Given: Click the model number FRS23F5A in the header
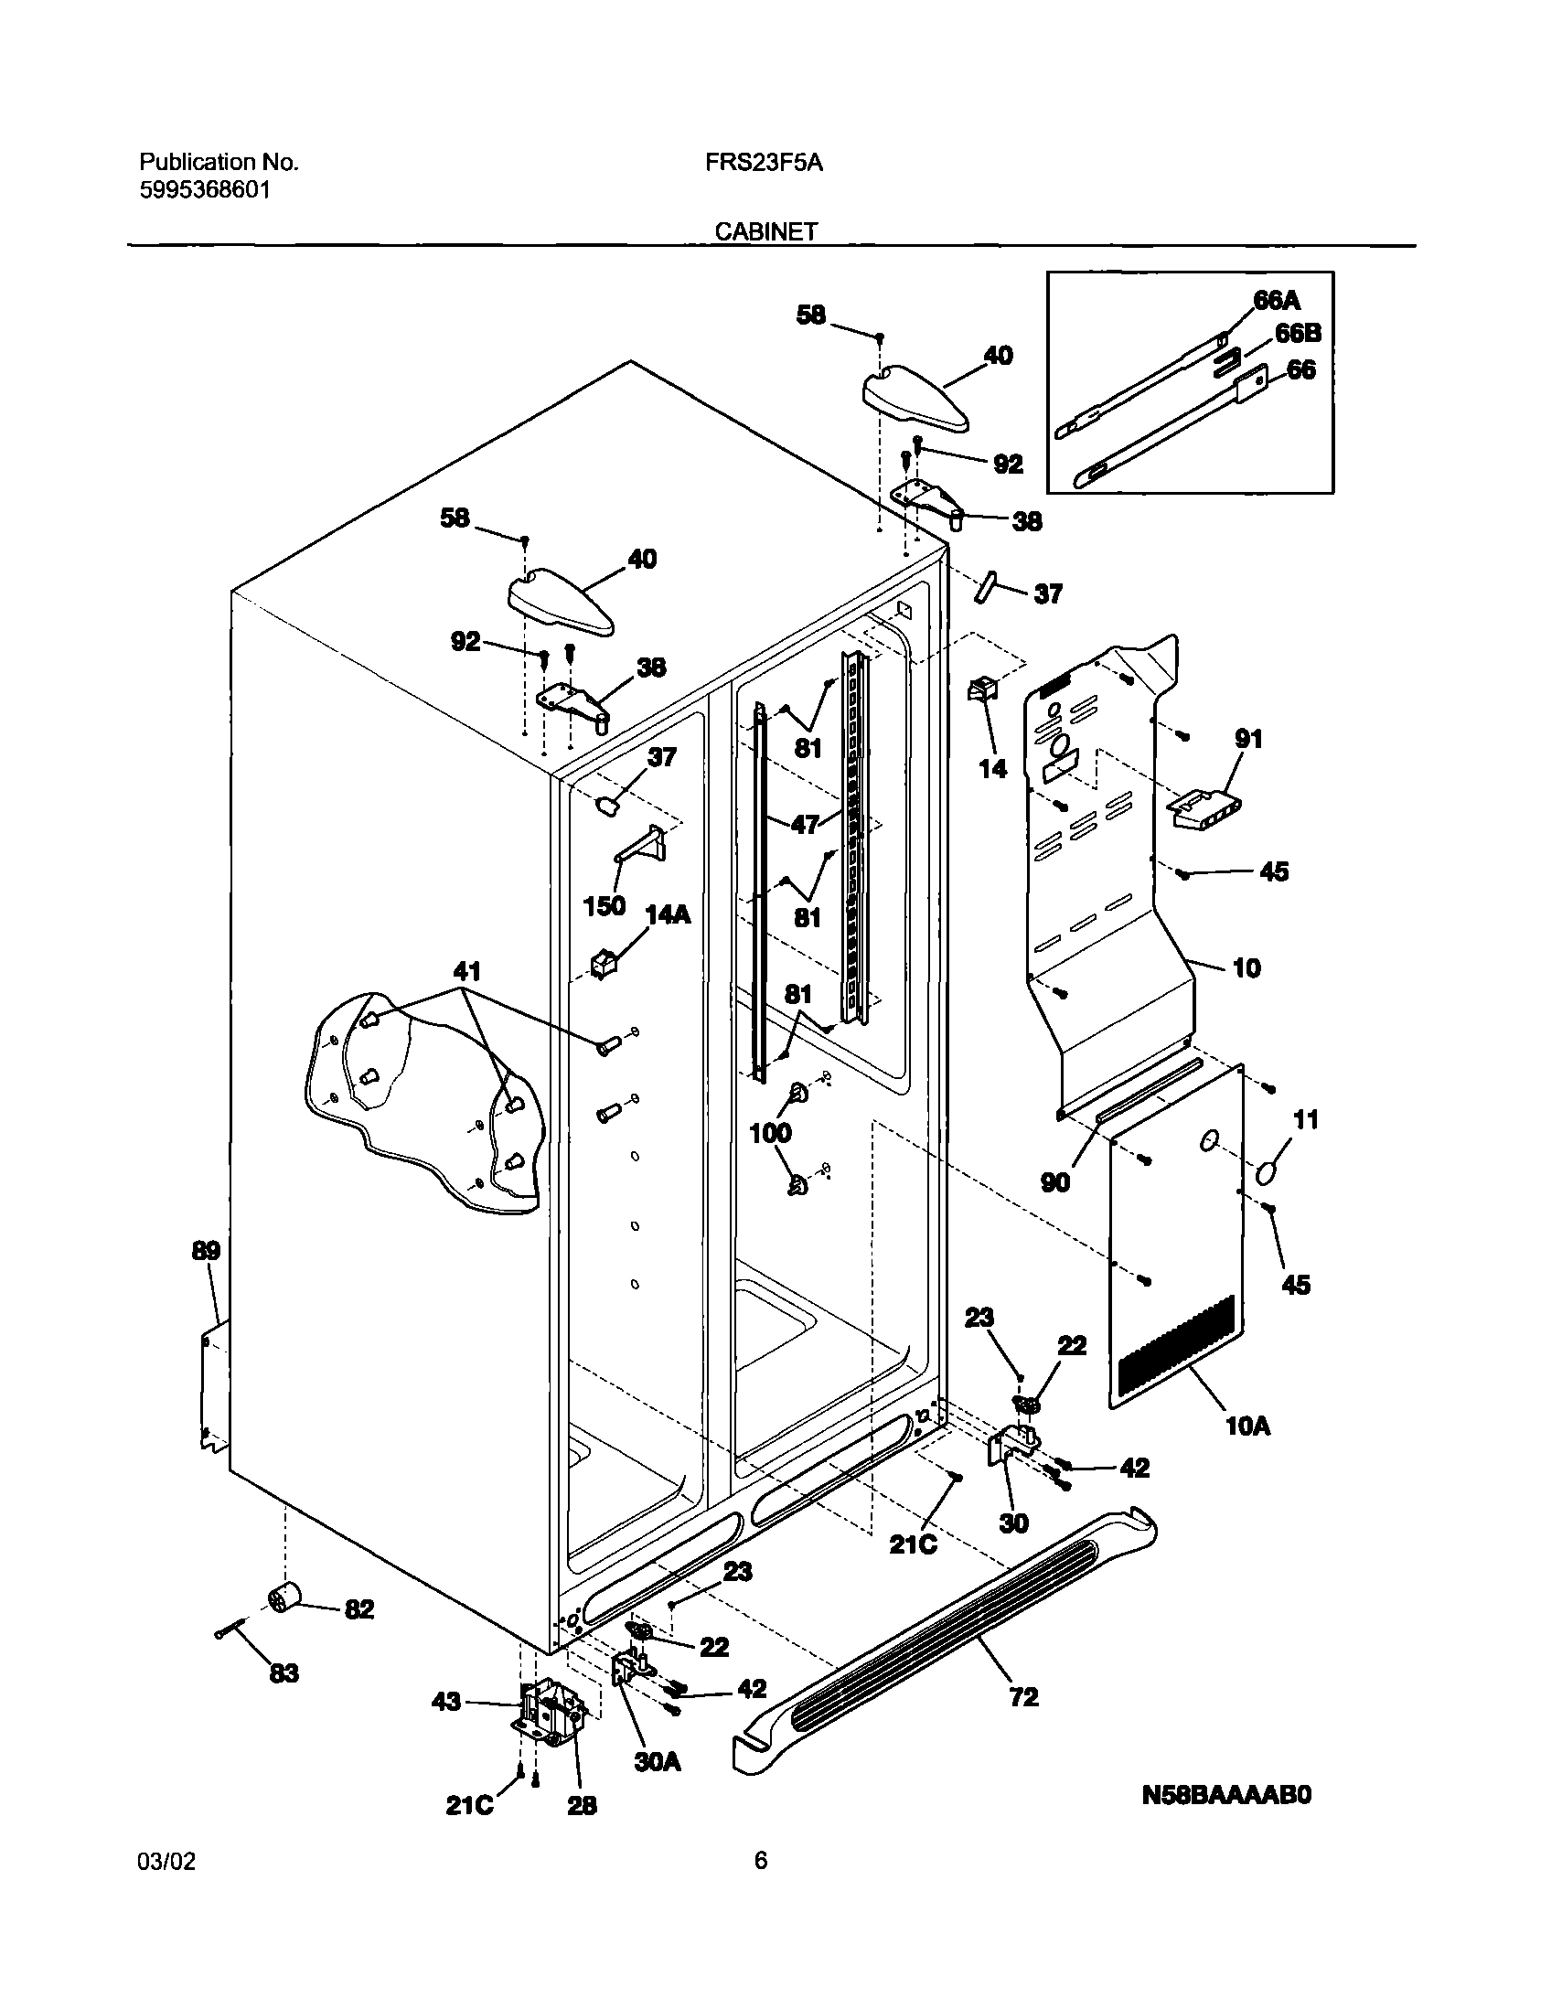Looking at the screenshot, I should pos(763,163).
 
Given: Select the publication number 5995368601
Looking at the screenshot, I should pos(204,191).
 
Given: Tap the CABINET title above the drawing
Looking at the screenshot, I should pos(765,232).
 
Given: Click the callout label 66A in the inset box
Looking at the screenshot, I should pos(1277,301).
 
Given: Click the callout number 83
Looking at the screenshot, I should pos(284,1673).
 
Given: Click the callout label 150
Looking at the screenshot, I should pos(604,905).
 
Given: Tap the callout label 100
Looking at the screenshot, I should pos(769,1133).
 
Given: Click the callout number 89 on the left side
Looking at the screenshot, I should pos(206,1251).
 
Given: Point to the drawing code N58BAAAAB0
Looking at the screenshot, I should pos(1226,1796).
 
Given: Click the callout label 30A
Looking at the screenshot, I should pos(658,1761).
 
